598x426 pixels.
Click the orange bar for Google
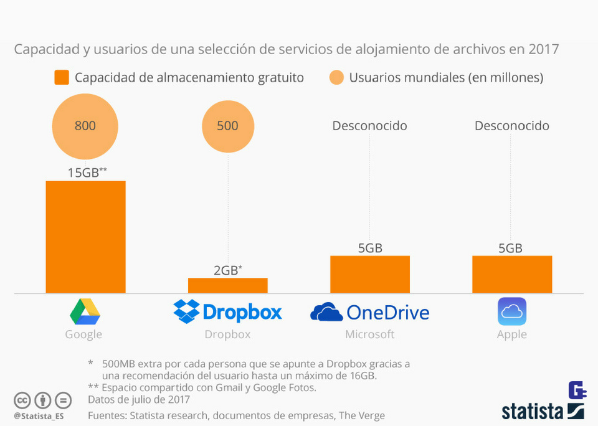pos(85,237)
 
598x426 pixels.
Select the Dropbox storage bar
pos(227,285)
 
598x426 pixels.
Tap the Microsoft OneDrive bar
pos(369,274)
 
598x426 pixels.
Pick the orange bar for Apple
pos(511,274)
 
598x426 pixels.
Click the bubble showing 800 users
pos(85,126)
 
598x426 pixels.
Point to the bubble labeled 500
pos(227,126)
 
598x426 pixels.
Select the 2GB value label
pos(227,270)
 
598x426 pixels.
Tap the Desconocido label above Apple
pos(511,126)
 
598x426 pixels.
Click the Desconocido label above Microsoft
pos(369,126)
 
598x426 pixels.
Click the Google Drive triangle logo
pos(85,311)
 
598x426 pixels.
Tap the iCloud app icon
pos(511,311)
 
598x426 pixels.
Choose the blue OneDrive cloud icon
pos(326,311)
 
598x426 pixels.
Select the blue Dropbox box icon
pos(186,311)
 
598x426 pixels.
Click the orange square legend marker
pos(61,78)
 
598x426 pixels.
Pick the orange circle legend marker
pos(336,78)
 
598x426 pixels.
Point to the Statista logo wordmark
pos(532,412)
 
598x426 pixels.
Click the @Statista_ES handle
pos(39,415)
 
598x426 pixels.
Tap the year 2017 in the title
pos(543,49)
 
